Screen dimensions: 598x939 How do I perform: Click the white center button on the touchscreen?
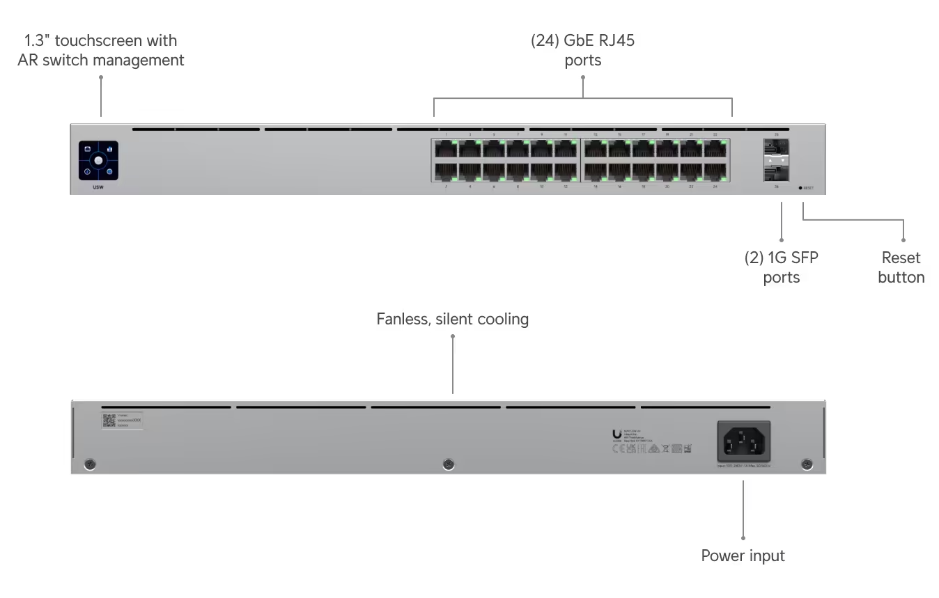pyautogui.click(x=98, y=161)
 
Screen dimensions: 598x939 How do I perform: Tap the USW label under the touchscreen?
pyautogui.click(x=98, y=188)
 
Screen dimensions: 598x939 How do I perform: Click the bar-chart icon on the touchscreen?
pyautogui.click(x=109, y=149)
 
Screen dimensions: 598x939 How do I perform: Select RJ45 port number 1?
pyautogui.click(x=446, y=149)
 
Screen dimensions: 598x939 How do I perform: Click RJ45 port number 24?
pyautogui.click(x=715, y=171)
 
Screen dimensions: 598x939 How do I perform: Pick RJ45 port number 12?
pyautogui.click(x=566, y=171)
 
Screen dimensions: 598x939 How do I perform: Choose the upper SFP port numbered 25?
pyautogui.click(x=776, y=148)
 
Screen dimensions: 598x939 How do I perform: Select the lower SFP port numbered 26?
pyautogui.click(x=776, y=171)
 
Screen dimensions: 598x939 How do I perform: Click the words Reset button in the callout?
pyautogui.click(x=901, y=267)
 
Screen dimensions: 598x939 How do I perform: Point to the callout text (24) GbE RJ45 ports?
pyautogui.click(x=583, y=50)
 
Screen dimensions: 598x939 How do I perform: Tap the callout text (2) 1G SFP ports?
pyautogui.click(x=781, y=267)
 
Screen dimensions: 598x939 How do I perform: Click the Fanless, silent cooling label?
pyautogui.click(x=453, y=319)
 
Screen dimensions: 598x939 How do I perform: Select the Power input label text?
pyautogui.click(x=743, y=556)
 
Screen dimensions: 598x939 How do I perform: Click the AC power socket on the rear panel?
pyautogui.click(x=744, y=441)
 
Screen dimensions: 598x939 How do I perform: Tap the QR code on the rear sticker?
pyautogui.click(x=109, y=420)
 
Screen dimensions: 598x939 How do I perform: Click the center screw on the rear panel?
pyautogui.click(x=449, y=464)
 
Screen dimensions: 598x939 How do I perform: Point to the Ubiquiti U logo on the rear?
pyautogui.click(x=616, y=434)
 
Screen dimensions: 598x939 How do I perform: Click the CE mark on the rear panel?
pyautogui.click(x=616, y=449)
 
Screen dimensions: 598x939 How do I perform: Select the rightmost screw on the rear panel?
pyautogui.click(x=807, y=464)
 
